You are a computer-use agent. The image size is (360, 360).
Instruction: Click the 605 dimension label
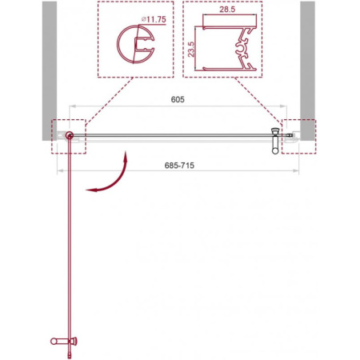click(178, 99)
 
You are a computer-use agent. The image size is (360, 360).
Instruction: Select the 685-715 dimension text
click(179, 166)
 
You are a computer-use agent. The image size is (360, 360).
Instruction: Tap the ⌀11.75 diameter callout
click(154, 19)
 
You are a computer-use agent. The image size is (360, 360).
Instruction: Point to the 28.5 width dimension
click(227, 10)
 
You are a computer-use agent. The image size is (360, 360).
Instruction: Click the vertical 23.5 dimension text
click(191, 49)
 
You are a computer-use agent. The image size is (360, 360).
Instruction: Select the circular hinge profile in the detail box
click(136, 44)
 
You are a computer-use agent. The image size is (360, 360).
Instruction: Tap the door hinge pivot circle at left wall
click(70, 135)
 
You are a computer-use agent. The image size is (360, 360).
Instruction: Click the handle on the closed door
click(275, 141)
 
